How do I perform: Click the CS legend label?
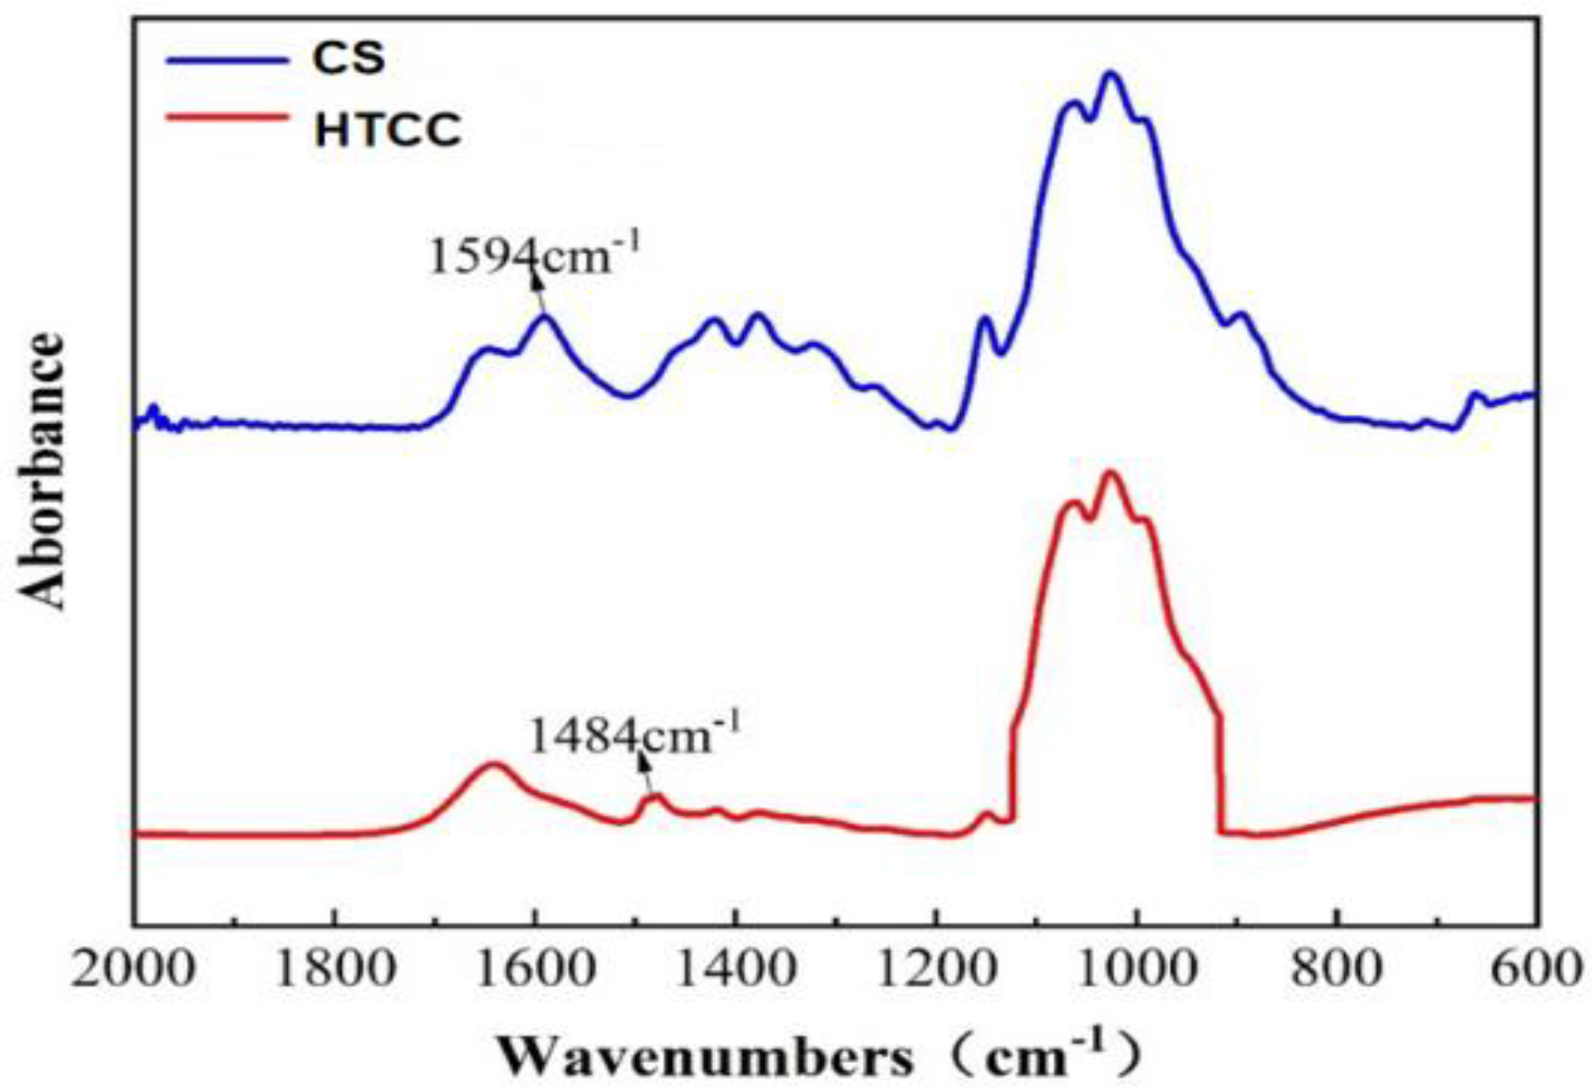348,58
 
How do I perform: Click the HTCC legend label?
387,130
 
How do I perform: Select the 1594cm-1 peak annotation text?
534,256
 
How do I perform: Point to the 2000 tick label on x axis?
133,970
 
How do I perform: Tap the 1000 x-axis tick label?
1136,970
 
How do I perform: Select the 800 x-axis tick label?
1336,970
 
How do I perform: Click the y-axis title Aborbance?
41,470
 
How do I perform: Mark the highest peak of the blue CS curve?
1110,74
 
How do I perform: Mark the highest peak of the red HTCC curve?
1110,473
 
